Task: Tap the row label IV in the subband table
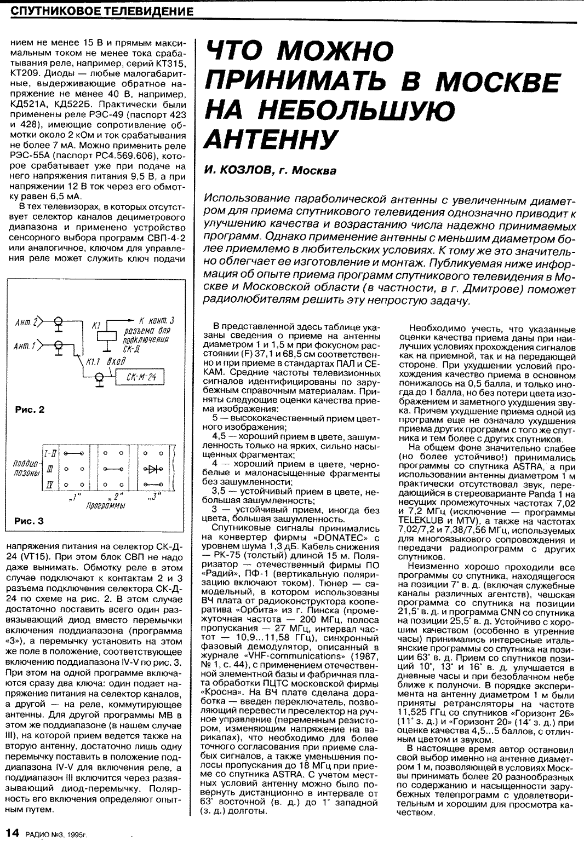coord(49,485)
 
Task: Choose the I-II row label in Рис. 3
coord(49,453)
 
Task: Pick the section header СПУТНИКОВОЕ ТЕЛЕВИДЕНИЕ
coord(102,11)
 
